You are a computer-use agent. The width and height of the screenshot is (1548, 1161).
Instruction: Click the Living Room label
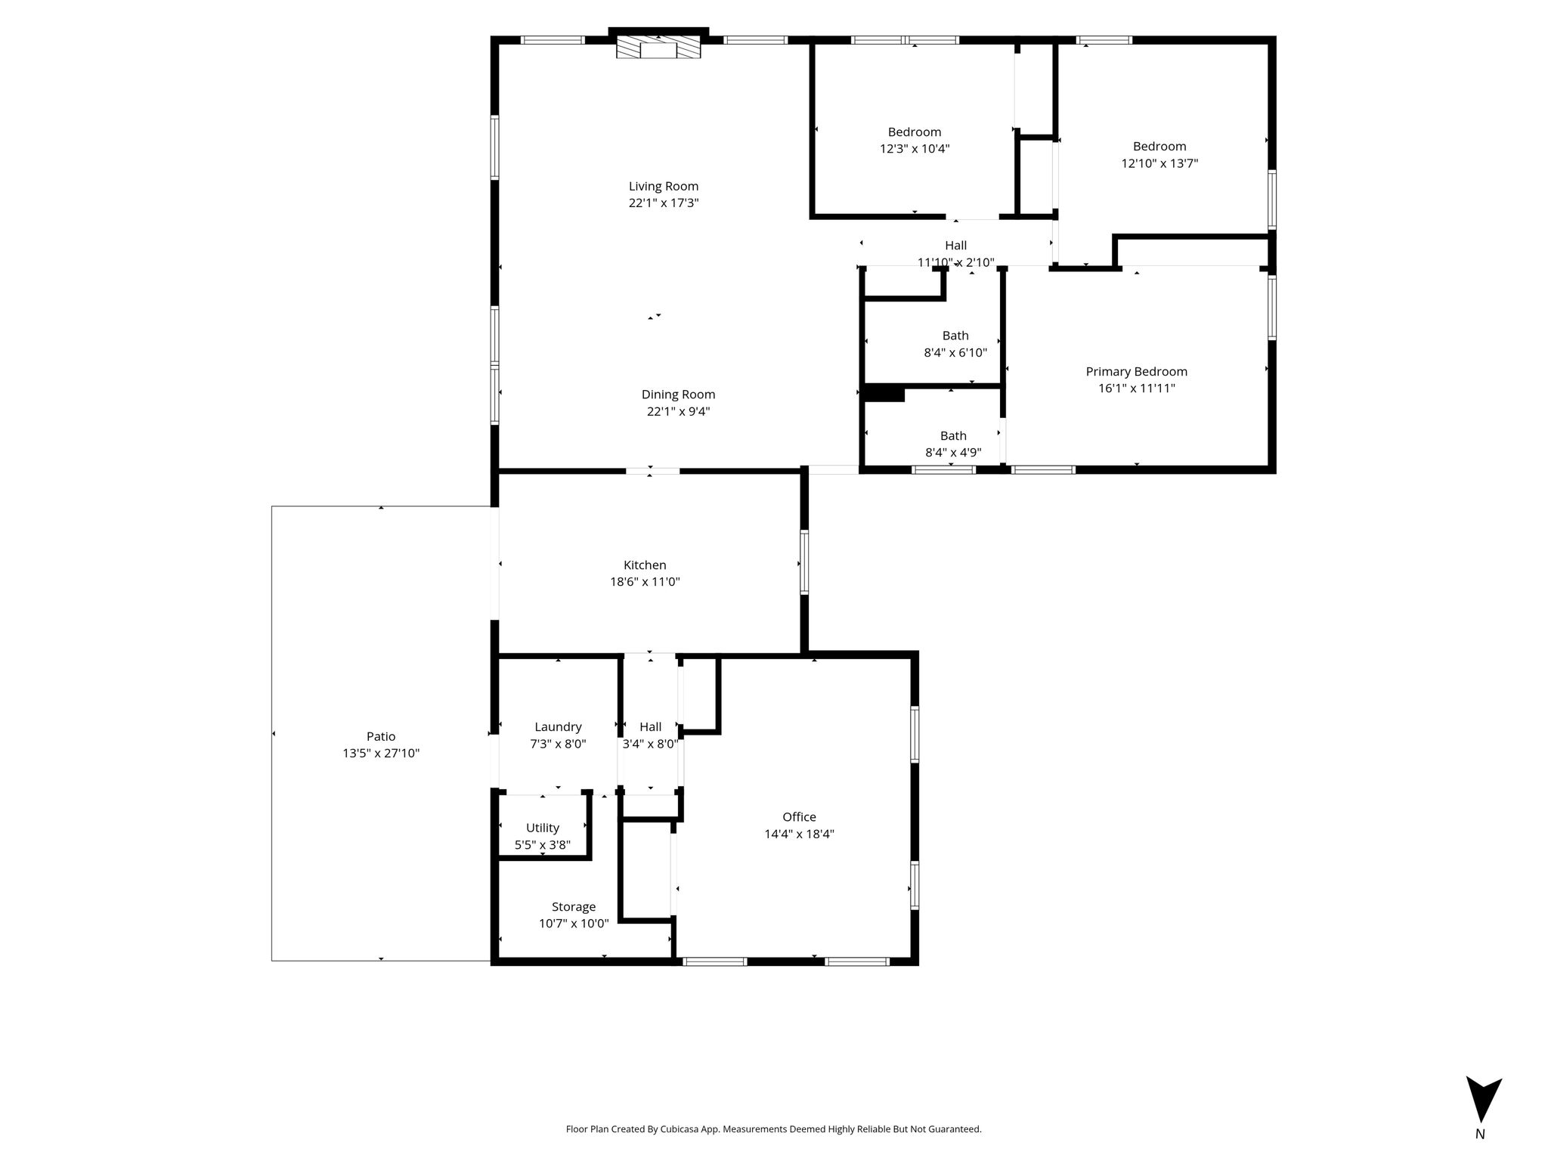(664, 186)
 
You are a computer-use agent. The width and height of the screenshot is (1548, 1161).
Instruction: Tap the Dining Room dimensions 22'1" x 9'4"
(678, 411)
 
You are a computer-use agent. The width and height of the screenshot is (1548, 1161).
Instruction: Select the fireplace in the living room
(658, 47)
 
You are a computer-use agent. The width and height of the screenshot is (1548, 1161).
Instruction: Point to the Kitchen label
(645, 565)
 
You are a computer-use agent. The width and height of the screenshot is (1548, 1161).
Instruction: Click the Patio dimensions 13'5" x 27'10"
(381, 753)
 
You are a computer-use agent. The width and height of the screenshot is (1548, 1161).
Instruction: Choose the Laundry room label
(558, 727)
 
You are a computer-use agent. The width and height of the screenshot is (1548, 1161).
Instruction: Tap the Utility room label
(543, 828)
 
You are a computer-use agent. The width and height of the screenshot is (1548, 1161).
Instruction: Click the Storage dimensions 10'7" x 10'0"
(574, 923)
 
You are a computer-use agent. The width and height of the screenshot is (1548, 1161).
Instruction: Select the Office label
(799, 816)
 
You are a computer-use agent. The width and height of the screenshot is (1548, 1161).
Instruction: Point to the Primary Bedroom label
(1136, 371)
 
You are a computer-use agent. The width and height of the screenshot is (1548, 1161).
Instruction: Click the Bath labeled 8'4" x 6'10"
(955, 335)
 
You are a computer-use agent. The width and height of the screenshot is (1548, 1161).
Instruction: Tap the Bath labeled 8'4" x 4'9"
(953, 435)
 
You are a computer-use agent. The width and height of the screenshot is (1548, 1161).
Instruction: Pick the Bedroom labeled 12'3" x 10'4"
(915, 132)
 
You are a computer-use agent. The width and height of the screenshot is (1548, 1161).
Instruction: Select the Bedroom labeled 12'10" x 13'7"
(1159, 146)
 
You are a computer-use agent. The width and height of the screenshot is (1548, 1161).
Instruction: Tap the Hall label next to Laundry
(650, 727)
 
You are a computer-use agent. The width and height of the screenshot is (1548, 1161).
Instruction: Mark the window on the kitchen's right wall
(804, 562)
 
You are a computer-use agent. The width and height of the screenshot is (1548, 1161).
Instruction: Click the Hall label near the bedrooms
(955, 245)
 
